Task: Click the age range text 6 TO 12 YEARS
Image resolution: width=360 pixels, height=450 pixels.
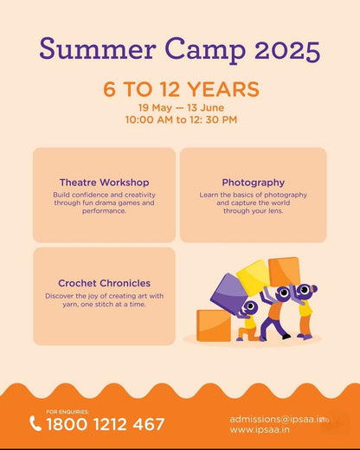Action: click(x=180, y=88)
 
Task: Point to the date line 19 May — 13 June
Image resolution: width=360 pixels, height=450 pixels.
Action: click(x=180, y=107)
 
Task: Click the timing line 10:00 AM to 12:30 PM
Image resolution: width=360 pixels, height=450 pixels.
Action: click(x=180, y=119)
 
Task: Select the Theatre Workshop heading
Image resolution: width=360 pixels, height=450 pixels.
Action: click(x=104, y=183)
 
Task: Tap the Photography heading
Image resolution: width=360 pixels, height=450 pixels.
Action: click(x=253, y=183)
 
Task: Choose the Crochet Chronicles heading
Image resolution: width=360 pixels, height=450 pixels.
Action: click(x=104, y=283)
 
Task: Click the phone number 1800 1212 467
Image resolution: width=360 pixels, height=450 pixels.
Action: click(x=105, y=424)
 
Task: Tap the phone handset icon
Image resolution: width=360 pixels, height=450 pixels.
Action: click(x=35, y=424)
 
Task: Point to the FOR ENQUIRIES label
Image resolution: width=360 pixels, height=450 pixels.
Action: click(x=67, y=411)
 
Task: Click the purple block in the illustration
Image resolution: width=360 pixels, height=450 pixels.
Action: click(x=228, y=289)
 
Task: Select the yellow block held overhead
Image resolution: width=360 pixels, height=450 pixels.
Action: click(x=254, y=275)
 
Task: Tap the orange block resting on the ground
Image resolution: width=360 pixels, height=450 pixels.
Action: click(x=213, y=325)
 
